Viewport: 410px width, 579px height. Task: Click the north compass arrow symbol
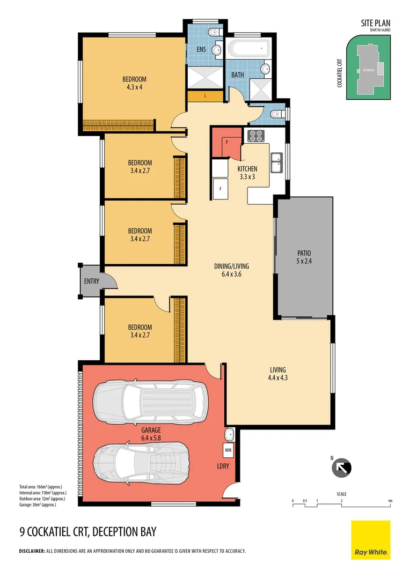click(x=342, y=467)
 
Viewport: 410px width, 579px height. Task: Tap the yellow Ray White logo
click(x=371, y=539)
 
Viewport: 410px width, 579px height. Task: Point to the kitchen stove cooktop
click(x=255, y=136)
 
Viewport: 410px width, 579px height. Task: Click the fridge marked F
click(x=219, y=189)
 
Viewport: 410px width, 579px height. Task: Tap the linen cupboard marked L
click(x=205, y=96)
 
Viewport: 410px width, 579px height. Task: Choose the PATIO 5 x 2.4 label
click(x=304, y=257)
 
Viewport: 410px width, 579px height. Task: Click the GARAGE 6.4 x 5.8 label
click(x=152, y=434)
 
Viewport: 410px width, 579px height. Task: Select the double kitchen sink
click(x=276, y=163)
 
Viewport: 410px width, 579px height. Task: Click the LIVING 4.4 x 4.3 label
click(x=277, y=373)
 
